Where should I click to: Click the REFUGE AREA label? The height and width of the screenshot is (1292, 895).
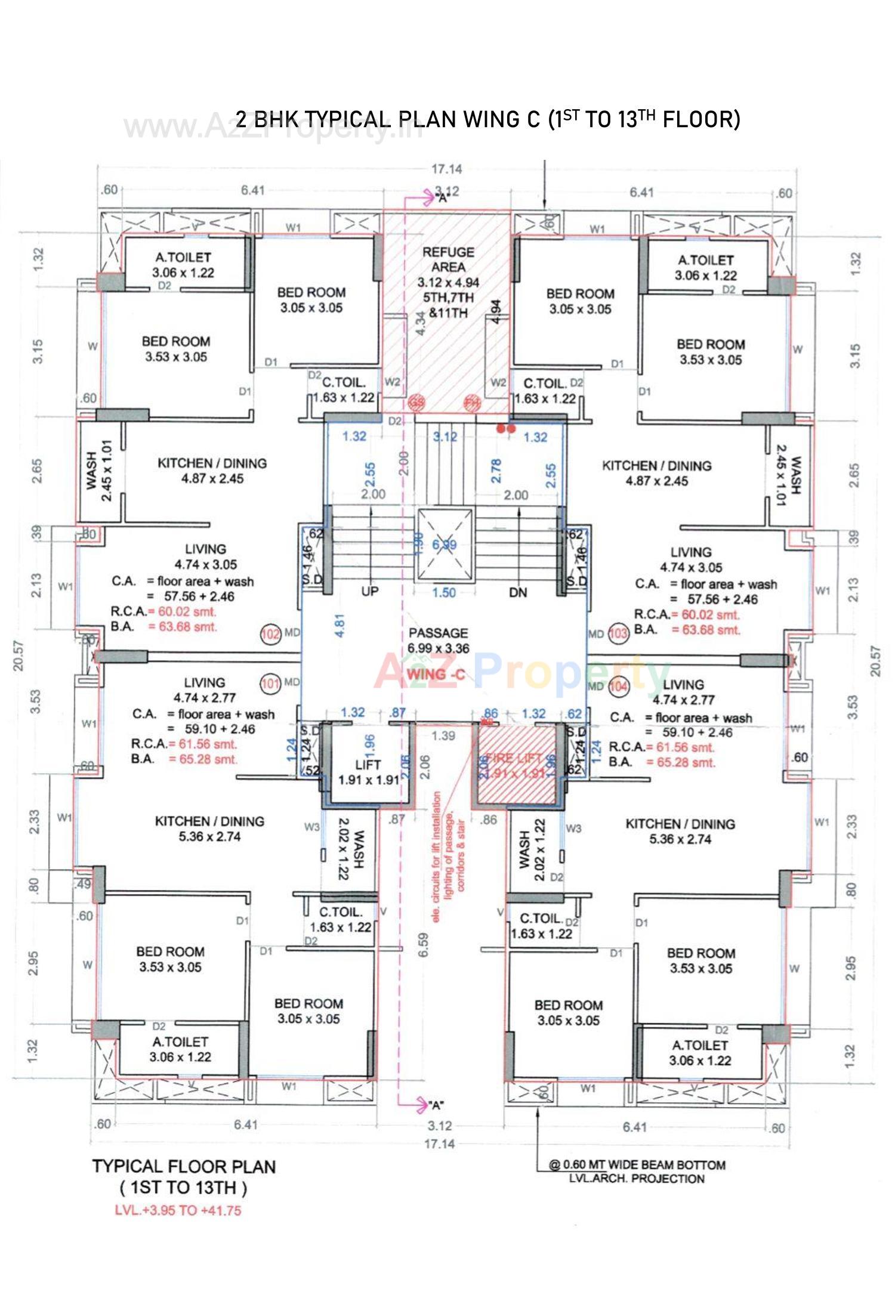tap(448, 260)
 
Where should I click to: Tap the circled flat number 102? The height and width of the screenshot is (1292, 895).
tap(271, 633)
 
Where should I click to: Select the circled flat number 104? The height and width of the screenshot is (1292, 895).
tap(619, 687)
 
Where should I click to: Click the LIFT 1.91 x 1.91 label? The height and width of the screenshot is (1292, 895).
tap(368, 772)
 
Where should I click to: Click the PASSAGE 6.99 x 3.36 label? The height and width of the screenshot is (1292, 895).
tap(439, 640)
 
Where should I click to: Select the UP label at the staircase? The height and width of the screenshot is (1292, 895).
tap(371, 592)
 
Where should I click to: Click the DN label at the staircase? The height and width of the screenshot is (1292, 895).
tap(518, 592)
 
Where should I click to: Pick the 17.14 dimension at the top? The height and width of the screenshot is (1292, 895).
tap(446, 169)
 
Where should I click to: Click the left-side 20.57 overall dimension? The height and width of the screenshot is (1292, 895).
tap(18, 656)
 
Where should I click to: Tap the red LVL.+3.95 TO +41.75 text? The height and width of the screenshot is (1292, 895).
tap(178, 1211)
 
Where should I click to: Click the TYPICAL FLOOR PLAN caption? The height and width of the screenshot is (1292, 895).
tap(184, 1166)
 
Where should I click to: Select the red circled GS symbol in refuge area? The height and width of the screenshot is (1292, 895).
tap(416, 403)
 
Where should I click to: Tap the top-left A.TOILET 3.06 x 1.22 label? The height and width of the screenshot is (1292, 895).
tap(183, 265)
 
